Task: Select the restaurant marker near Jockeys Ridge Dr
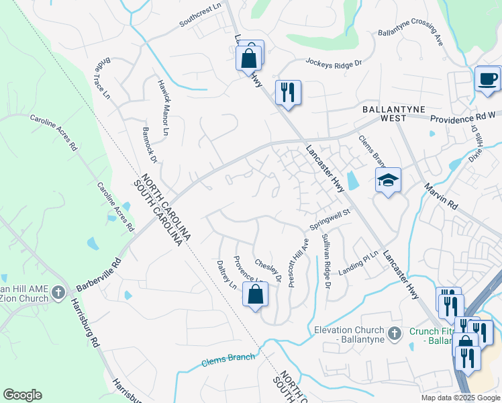tap(288, 93)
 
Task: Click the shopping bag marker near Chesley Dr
tap(255, 295)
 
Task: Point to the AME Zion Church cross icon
tap(58, 293)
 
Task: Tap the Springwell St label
tap(330, 220)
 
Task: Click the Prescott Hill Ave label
tap(298, 263)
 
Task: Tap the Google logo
tap(22, 395)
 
